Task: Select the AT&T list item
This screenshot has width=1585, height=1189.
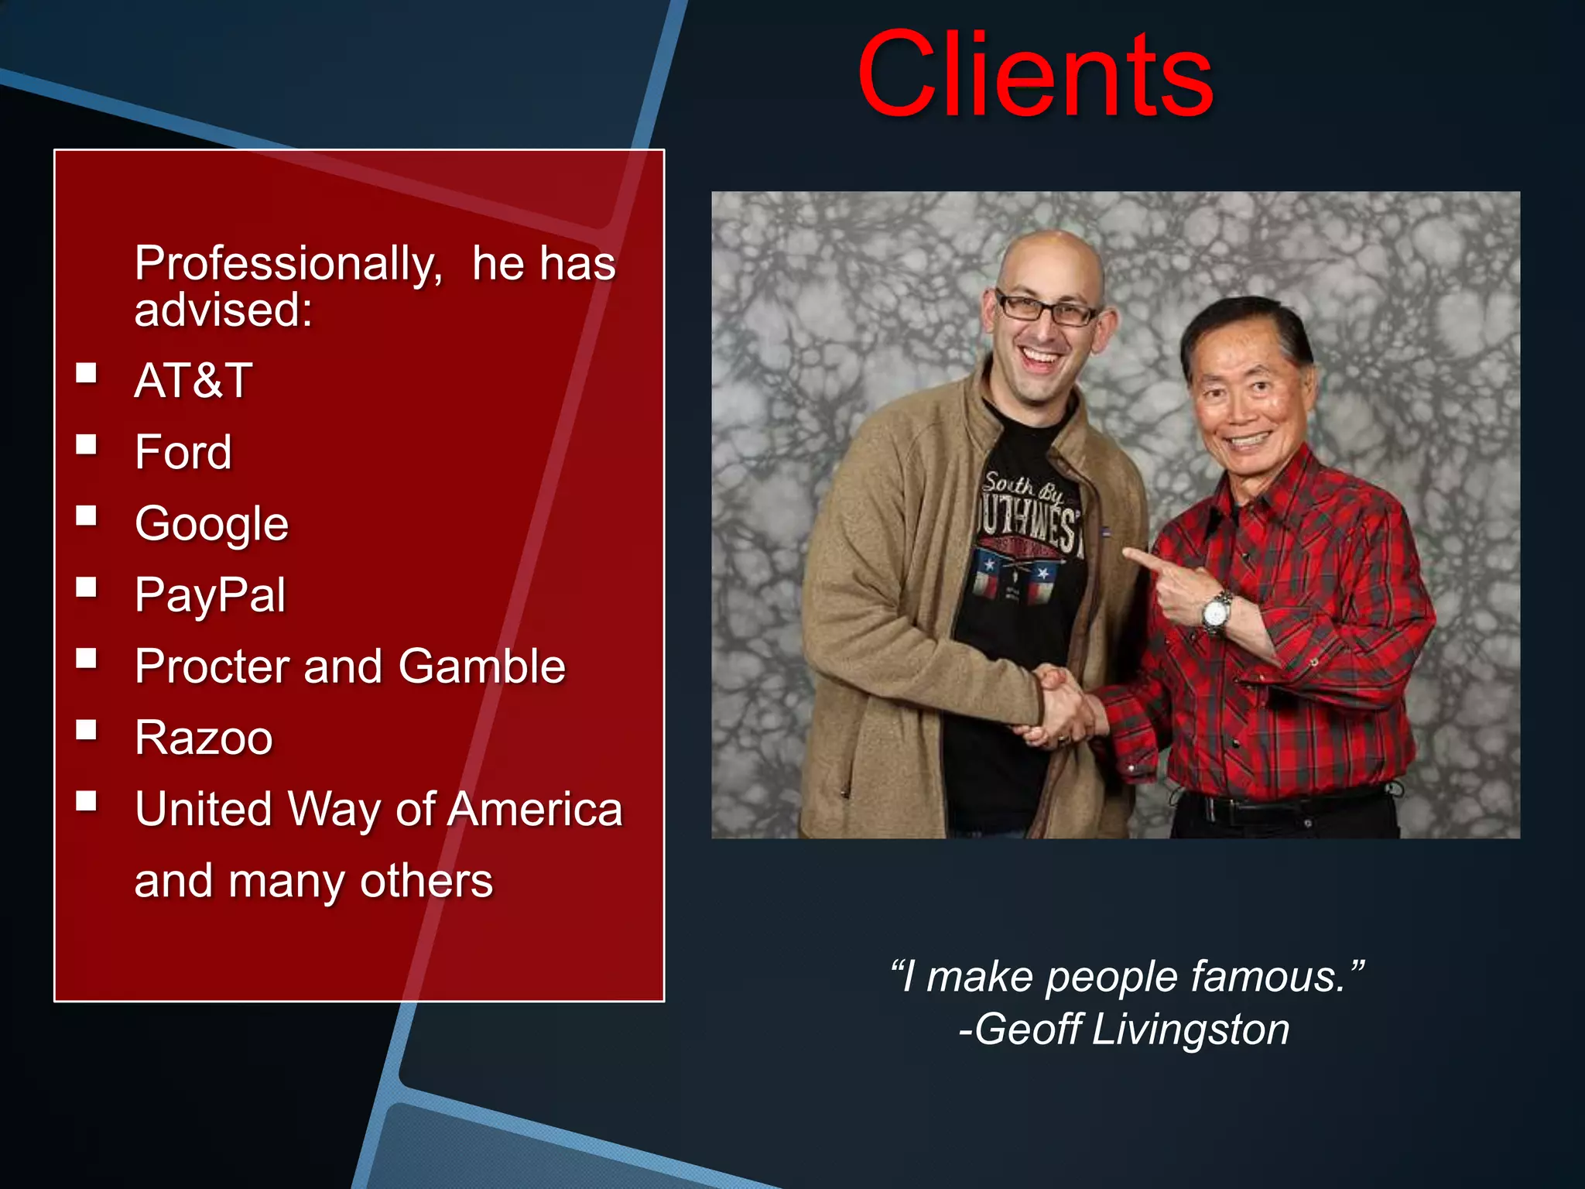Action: pos(193,380)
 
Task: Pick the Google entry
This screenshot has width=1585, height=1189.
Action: pos(211,524)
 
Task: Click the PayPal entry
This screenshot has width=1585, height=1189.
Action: pos(210,594)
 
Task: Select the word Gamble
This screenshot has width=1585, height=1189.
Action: pos(481,666)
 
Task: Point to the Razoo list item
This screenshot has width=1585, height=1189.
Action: pos(204,737)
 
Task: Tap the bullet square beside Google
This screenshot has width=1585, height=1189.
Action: pos(87,516)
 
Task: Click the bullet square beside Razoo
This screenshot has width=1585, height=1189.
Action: pos(87,730)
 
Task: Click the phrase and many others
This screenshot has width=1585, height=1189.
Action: pos(313,881)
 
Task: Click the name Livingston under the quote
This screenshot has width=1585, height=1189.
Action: pos(1190,1030)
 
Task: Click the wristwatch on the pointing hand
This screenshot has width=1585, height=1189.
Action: pos(1217,612)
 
